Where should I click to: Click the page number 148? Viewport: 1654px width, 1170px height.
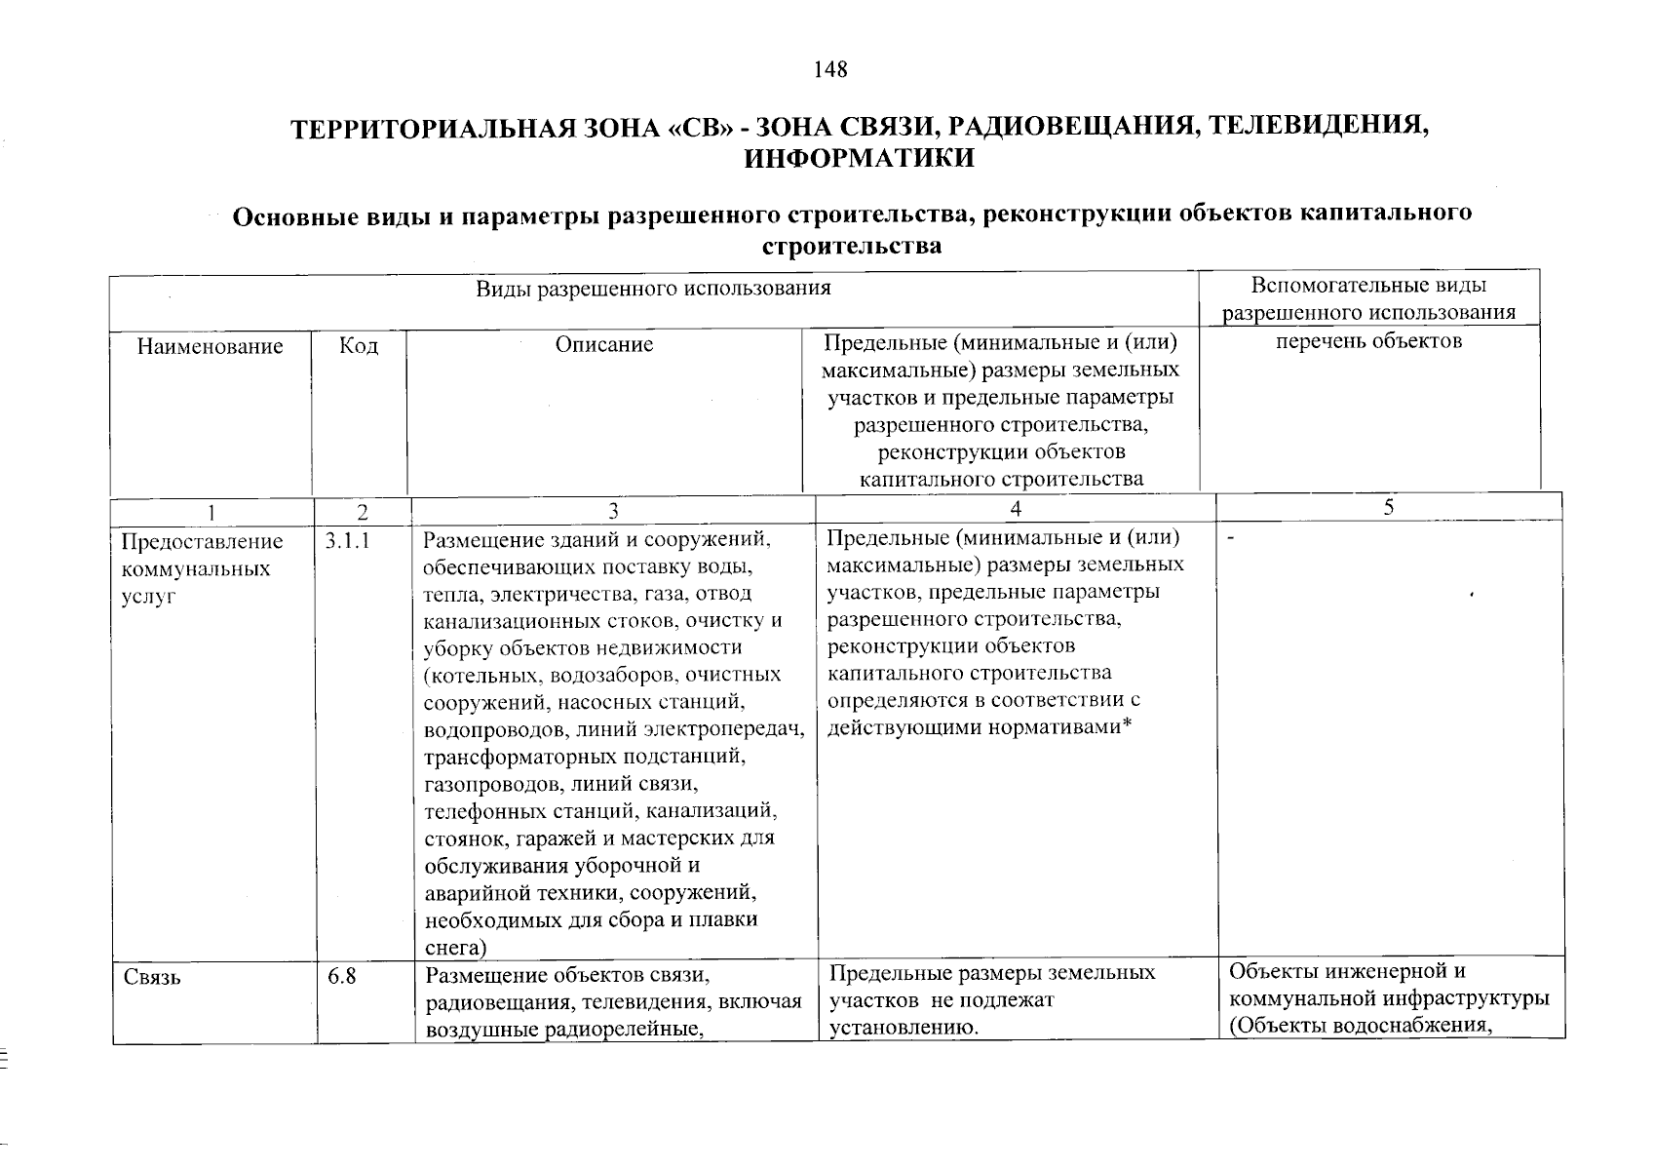(830, 69)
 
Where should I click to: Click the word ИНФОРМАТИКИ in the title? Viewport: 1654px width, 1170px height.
(859, 158)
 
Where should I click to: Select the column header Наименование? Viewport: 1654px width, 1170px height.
(210, 345)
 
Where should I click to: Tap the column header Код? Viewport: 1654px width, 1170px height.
(359, 345)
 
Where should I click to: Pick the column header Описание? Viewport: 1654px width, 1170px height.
(604, 344)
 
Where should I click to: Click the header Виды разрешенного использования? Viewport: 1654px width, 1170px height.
(653, 288)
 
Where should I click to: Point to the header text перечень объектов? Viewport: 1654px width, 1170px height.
(1369, 340)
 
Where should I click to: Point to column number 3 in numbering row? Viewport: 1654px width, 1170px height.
(613, 511)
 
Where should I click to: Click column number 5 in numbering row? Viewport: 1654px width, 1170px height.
(1389, 506)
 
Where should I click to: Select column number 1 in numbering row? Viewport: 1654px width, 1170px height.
(212, 512)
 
